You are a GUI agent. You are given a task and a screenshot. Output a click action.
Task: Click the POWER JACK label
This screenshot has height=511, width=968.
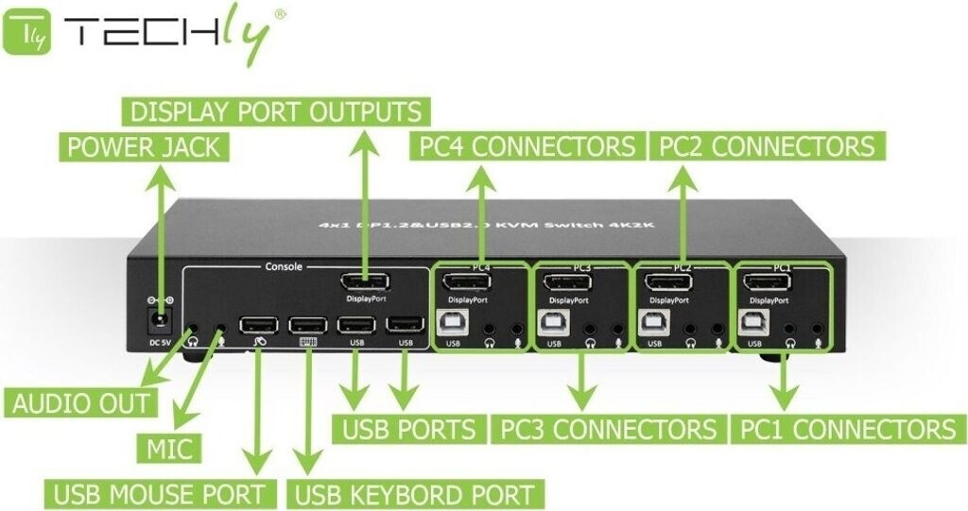click(143, 147)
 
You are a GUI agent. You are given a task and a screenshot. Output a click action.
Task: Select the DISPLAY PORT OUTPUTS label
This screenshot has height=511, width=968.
click(275, 112)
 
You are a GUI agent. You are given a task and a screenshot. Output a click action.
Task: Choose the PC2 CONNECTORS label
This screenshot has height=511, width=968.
click(767, 146)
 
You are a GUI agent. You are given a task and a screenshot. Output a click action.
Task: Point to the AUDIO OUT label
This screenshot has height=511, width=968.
click(81, 403)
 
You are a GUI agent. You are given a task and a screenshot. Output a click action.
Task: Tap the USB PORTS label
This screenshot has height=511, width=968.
click(409, 431)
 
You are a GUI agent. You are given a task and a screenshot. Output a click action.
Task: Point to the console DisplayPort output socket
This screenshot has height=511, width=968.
click(367, 281)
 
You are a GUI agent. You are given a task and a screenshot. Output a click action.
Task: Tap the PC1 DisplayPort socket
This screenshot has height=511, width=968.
click(768, 282)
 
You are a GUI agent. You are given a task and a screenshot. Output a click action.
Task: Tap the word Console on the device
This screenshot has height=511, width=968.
click(283, 266)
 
